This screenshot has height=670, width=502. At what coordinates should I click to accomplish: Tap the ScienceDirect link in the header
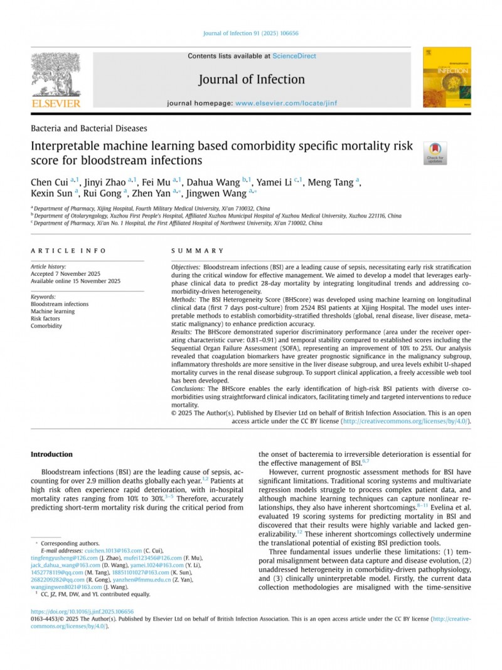click(x=294, y=56)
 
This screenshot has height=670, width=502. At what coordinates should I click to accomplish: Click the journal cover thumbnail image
click(x=447, y=77)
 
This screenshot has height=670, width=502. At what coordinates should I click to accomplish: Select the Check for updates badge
click(x=435, y=153)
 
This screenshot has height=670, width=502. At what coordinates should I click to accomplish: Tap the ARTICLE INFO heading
click(x=68, y=250)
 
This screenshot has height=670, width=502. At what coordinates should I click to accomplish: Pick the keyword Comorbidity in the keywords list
click(x=46, y=326)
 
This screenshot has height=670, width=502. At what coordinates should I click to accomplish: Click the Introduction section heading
click(x=51, y=454)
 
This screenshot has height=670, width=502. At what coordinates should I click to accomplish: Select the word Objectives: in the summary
click(x=186, y=268)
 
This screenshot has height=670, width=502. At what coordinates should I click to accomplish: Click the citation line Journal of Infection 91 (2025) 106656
click(x=250, y=33)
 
